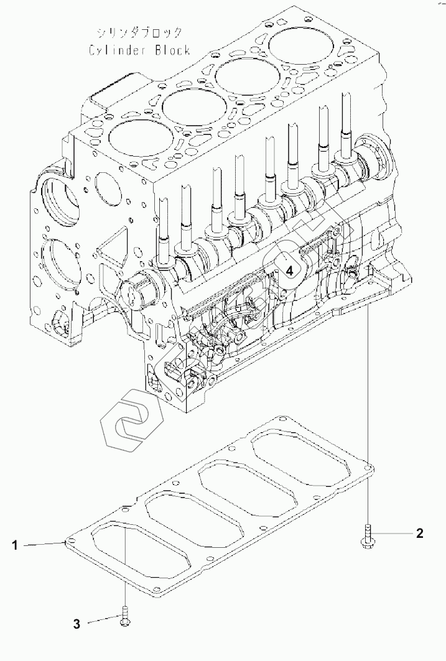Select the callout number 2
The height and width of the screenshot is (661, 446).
[x=420, y=532]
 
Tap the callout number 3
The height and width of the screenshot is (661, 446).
[x=77, y=624]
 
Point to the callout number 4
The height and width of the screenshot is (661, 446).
[x=290, y=270]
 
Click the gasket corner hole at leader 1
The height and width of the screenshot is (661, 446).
[x=71, y=542]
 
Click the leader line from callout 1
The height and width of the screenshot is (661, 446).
[x=44, y=545]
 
